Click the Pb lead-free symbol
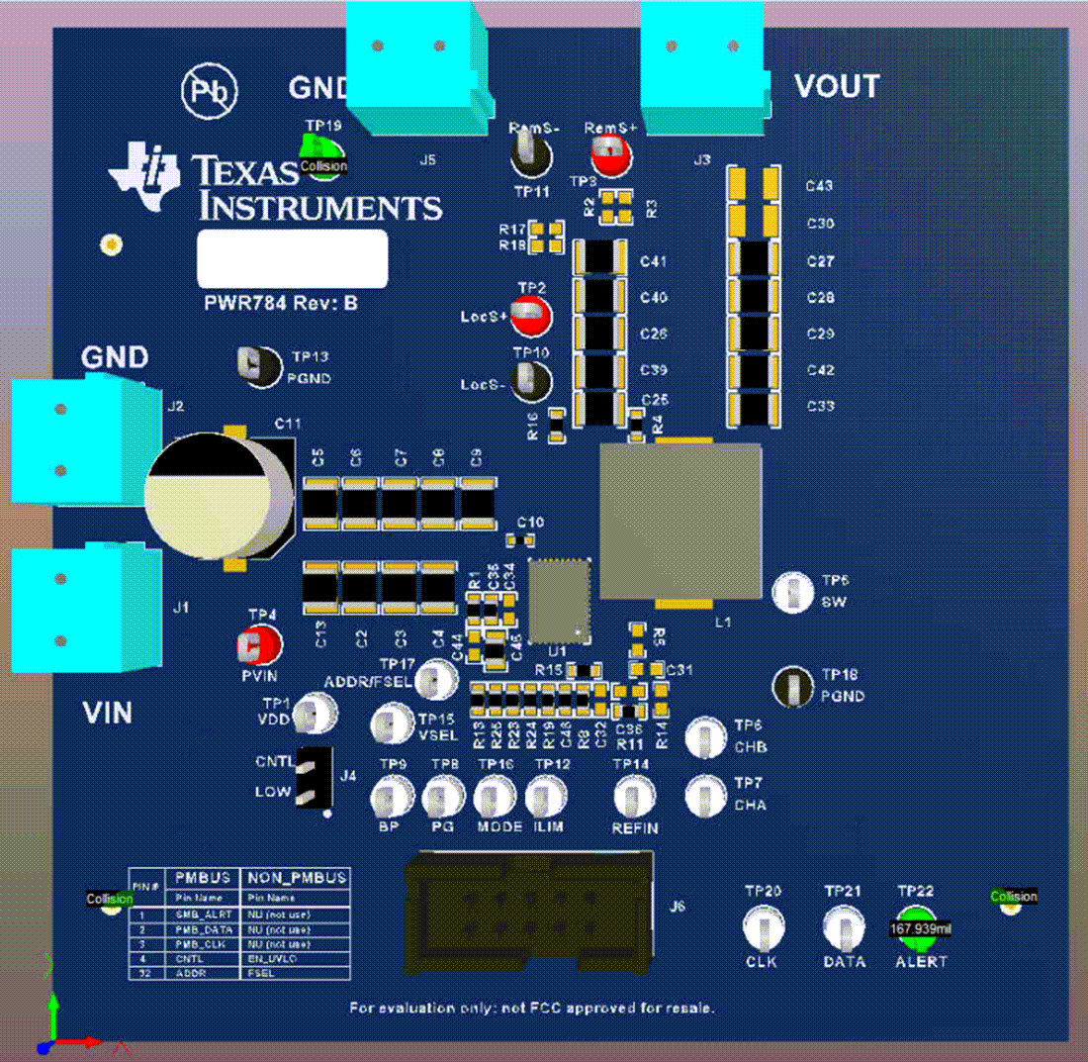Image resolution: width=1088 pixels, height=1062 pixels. [x=209, y=91]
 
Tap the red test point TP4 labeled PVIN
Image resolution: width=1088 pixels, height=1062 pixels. [x=258, y=646]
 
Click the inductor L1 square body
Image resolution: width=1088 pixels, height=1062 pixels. [x=680, y=522]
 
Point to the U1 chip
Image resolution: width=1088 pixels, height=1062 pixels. [x=560, y=601]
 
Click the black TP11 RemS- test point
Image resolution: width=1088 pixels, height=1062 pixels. [x=530, y=153]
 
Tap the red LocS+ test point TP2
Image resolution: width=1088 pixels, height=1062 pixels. [x=532, y=317]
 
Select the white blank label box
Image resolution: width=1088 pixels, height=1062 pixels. [x=292, y=258]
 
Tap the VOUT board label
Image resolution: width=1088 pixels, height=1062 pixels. [x=837, y=87]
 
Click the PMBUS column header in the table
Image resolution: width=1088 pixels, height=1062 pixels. [x=202, y=877]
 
